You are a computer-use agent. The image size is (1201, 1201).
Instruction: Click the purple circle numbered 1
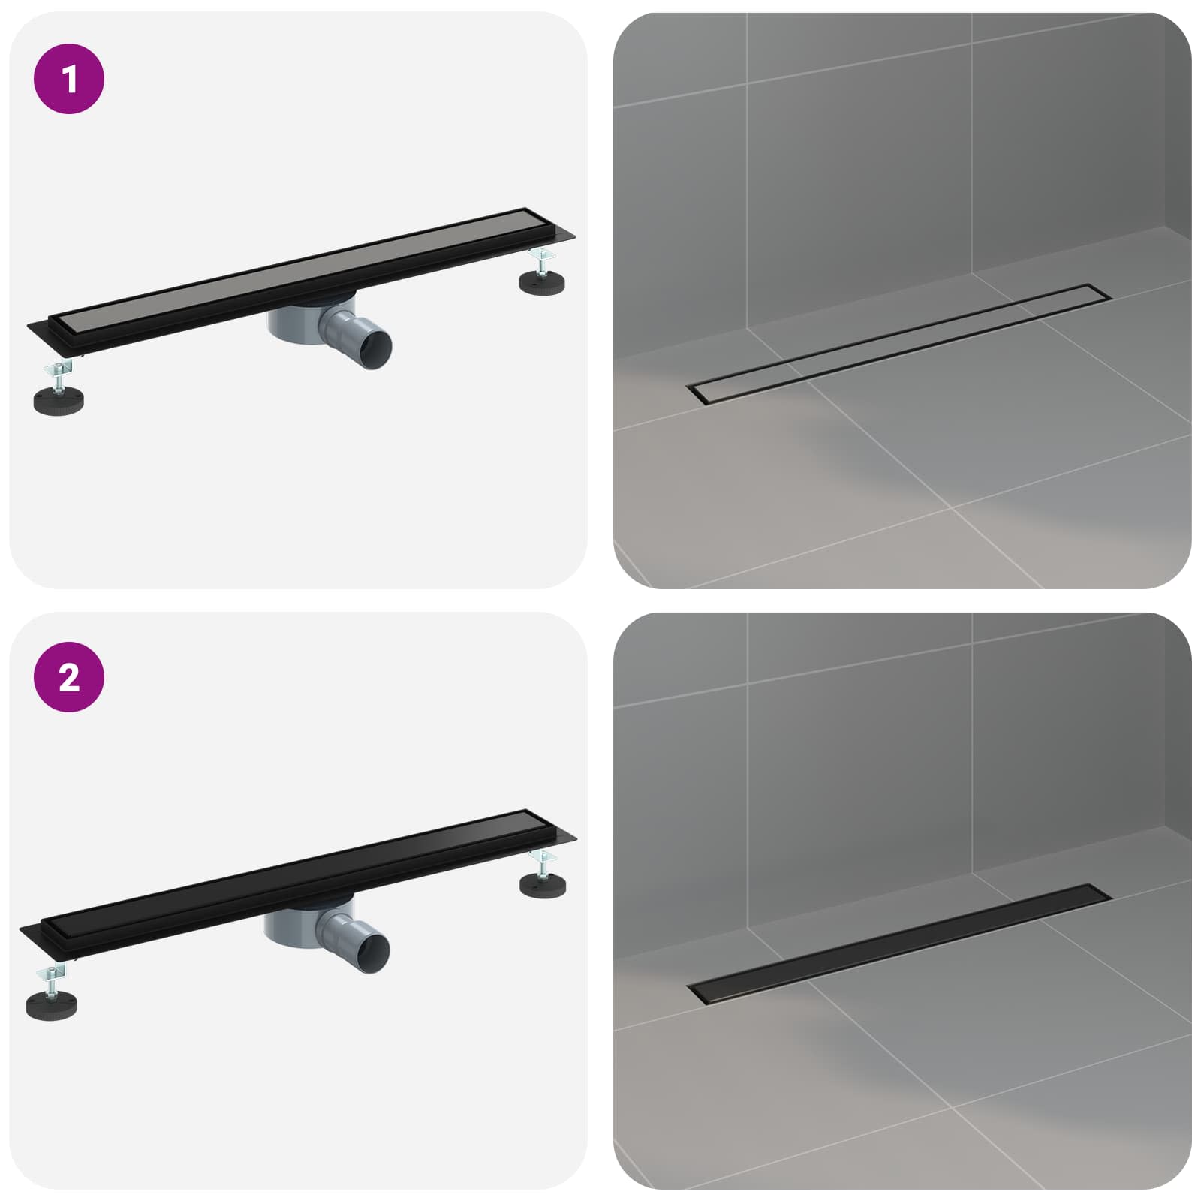[x=69, y=79]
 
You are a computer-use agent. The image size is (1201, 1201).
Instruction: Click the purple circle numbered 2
[x=69, y=677]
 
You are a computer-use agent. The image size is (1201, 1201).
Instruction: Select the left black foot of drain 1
[x=59, y=399]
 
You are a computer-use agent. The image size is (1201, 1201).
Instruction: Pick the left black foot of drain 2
[x=51, y=1004]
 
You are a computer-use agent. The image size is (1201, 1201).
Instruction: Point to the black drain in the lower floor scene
[x=897, y=944]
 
